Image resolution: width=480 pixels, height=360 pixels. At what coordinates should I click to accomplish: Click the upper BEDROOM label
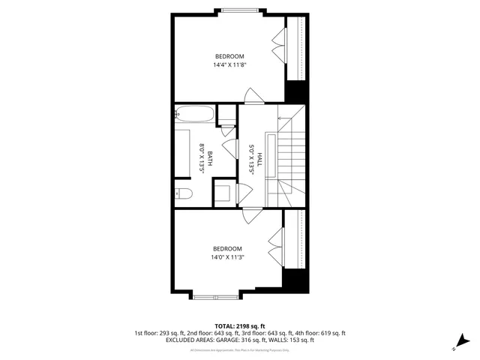229,56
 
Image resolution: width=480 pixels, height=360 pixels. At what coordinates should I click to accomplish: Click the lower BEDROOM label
227,249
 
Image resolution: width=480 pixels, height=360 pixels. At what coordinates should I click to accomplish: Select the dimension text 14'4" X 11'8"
229,65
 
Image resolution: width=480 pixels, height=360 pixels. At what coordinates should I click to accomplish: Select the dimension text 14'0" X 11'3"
227,258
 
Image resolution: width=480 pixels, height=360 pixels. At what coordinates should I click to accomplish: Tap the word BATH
210,158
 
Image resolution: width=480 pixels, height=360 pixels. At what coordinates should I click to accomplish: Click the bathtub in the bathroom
194,115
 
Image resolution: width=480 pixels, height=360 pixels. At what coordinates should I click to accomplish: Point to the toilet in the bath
185,193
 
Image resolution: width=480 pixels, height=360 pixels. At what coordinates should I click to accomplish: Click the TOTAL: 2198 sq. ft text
240,325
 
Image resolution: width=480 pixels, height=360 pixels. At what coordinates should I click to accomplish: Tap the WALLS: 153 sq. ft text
289,340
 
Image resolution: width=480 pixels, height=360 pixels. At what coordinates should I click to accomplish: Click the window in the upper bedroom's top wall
241,10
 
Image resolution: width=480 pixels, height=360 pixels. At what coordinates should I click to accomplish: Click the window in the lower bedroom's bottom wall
214,295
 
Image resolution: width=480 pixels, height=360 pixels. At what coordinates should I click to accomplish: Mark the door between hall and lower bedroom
252,215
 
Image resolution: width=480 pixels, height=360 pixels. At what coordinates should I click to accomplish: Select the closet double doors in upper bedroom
280,45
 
